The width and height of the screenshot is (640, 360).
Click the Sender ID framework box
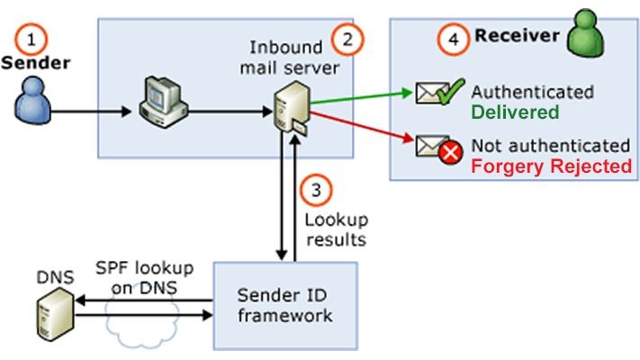tap(285, 305)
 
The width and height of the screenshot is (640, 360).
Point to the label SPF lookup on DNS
tap(137, 279)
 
